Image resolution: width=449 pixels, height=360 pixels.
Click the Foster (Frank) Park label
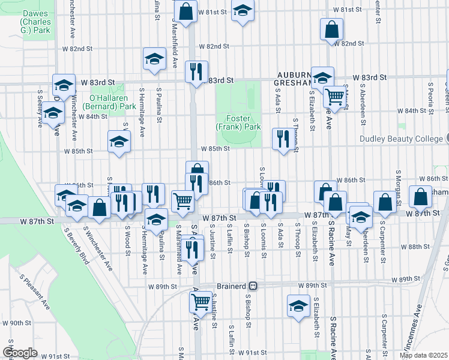tap(239, 123)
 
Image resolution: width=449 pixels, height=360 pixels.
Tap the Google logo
tap(20, 353)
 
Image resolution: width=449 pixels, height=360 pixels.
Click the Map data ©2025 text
tap(424, 355)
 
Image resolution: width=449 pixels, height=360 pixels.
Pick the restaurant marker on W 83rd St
tap(196, 72)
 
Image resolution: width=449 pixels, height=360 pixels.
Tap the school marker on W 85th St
tap(119, 142)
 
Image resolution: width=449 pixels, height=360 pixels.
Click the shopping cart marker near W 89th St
tap(200, 301)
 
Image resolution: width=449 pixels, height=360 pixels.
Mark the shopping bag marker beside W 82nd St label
tap(331, 30)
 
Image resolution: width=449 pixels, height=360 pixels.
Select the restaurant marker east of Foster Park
tap(281, 139)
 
